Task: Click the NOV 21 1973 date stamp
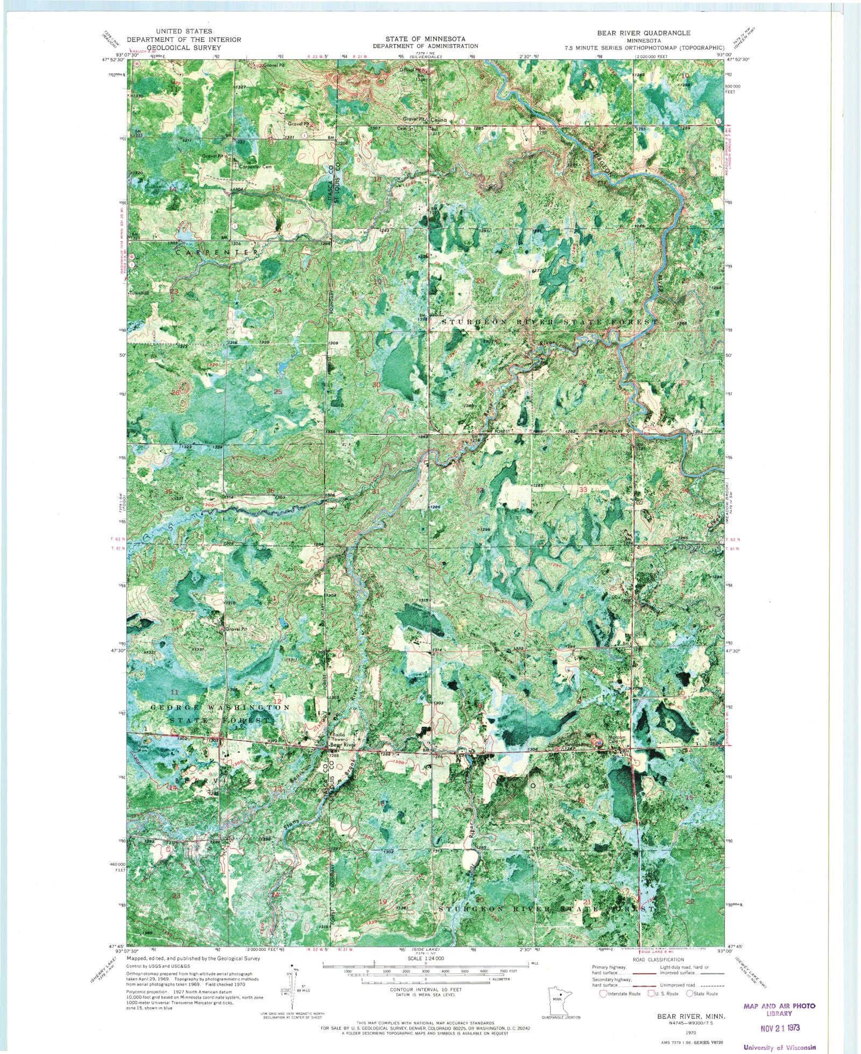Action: [x=779, y=1027]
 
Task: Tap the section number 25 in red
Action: [x=278, y=392]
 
